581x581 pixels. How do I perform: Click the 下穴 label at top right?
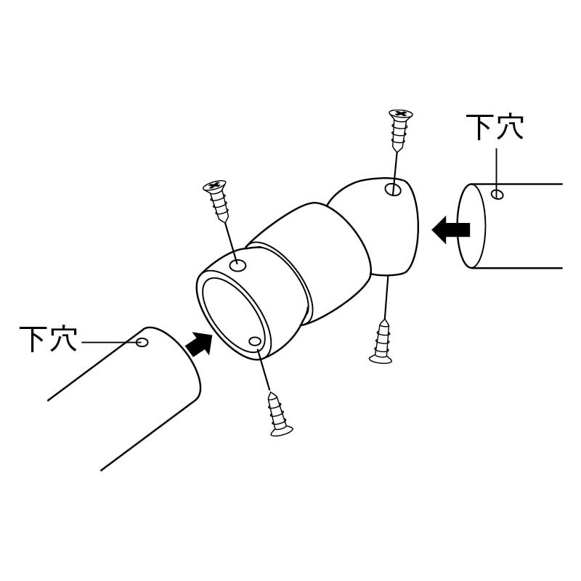pyautogui.click(x=495, y=127)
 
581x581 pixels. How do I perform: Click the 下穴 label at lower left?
pyautogui.click(x=48, y=338)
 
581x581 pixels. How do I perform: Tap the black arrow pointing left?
pyautogui.click(x=451, y=229)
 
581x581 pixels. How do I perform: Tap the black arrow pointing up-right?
pyautogui.click(x=198, y=344)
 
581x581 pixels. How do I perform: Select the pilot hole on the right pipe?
pyautogui.click(x=497, y=194)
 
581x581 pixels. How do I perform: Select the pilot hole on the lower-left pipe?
pyautogui.click(x=142, y=342)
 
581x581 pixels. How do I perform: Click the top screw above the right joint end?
pyautogui.click(x=400, y=131)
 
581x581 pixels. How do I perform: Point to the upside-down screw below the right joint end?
pyautogui.click(x=382, y=341)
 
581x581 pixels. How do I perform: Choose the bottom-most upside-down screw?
pyautogui.click(x=279, y=414)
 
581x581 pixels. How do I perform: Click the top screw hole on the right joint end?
pyautogui.click(x=393, y=190)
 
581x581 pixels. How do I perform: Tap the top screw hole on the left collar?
pyautogui.click(x=238, y=265)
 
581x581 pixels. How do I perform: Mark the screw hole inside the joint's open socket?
pyautogui.click(x=255, y=341)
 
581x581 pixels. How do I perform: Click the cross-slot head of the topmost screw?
pyautogui.click(x=401, y=114)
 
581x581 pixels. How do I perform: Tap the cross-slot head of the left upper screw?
pyautogui.click(x=214, y=185)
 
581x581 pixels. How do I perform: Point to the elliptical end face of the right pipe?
pyautogui.click(x=471, y=225)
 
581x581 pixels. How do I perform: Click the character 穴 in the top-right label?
pyautogui.click(x=510, y=127)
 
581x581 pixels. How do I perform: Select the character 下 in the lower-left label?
pyautogui.click(x=33, y=339)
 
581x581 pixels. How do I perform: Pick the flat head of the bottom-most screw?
pyautogui.click(x=282, y=431)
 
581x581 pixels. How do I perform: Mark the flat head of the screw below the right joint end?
pyautogui.click(x=381, y=359)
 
